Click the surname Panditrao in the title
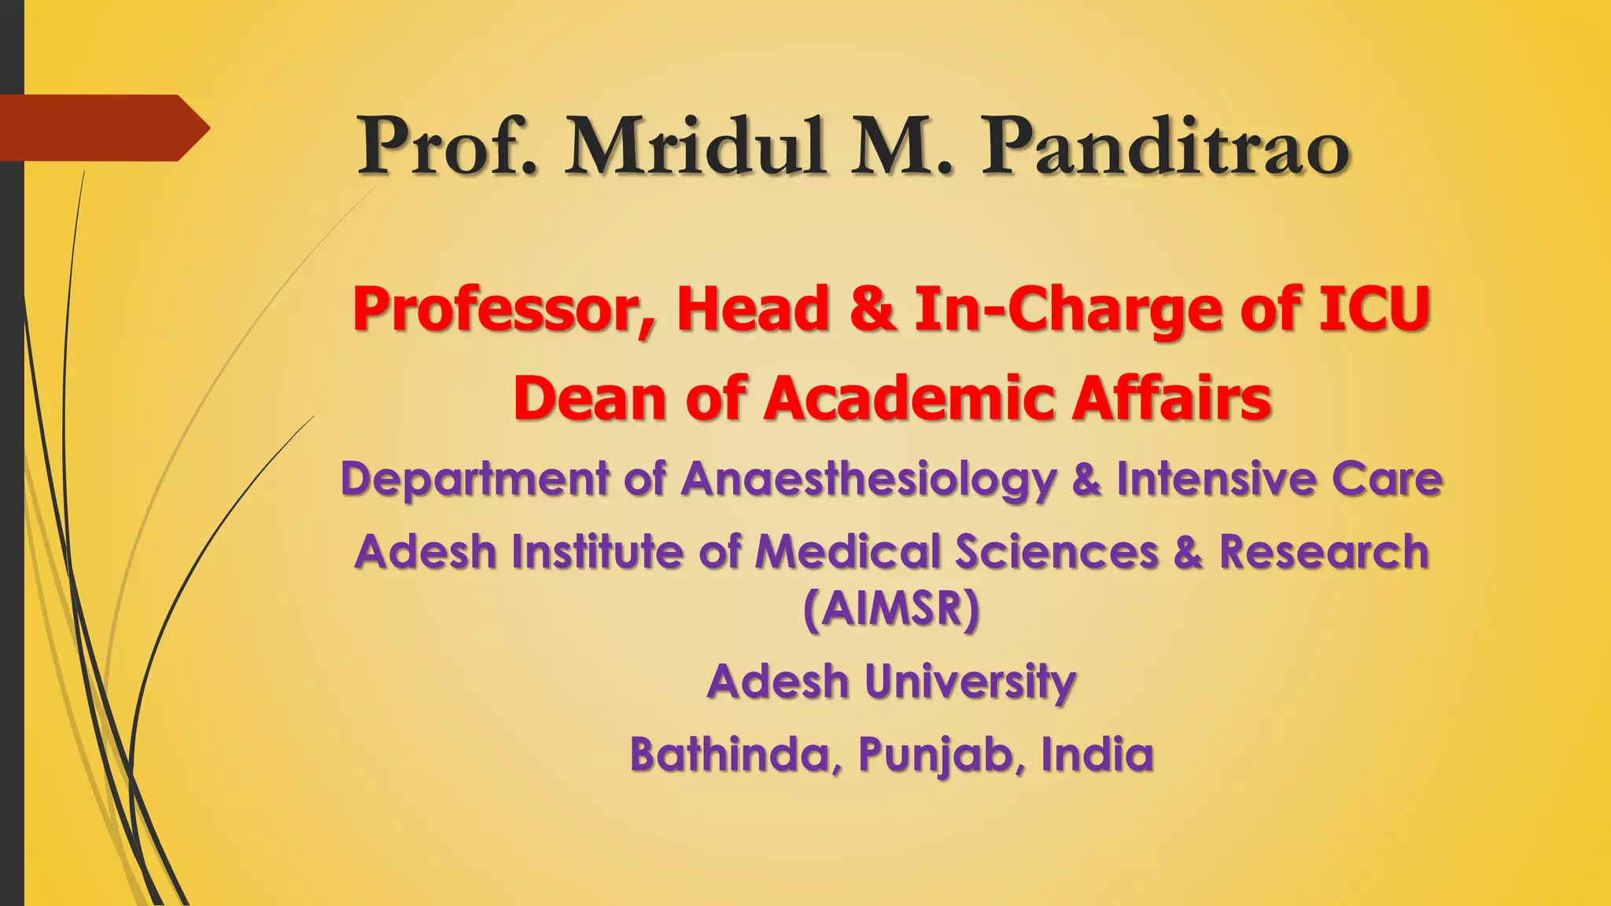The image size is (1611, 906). pos(1165,147)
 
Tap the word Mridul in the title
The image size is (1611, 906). pos(695,147)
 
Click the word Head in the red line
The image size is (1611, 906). pos(753,308)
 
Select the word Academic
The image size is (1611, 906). pos(909,398)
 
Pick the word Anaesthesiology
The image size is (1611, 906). pos(868,480)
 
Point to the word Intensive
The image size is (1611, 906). pos(1216,478)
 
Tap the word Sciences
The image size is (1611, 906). pos(1056,551)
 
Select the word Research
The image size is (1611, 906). pos(1324,551)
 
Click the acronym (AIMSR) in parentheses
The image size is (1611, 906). pos(892,610)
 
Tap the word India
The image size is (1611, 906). pos(1097,754)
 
